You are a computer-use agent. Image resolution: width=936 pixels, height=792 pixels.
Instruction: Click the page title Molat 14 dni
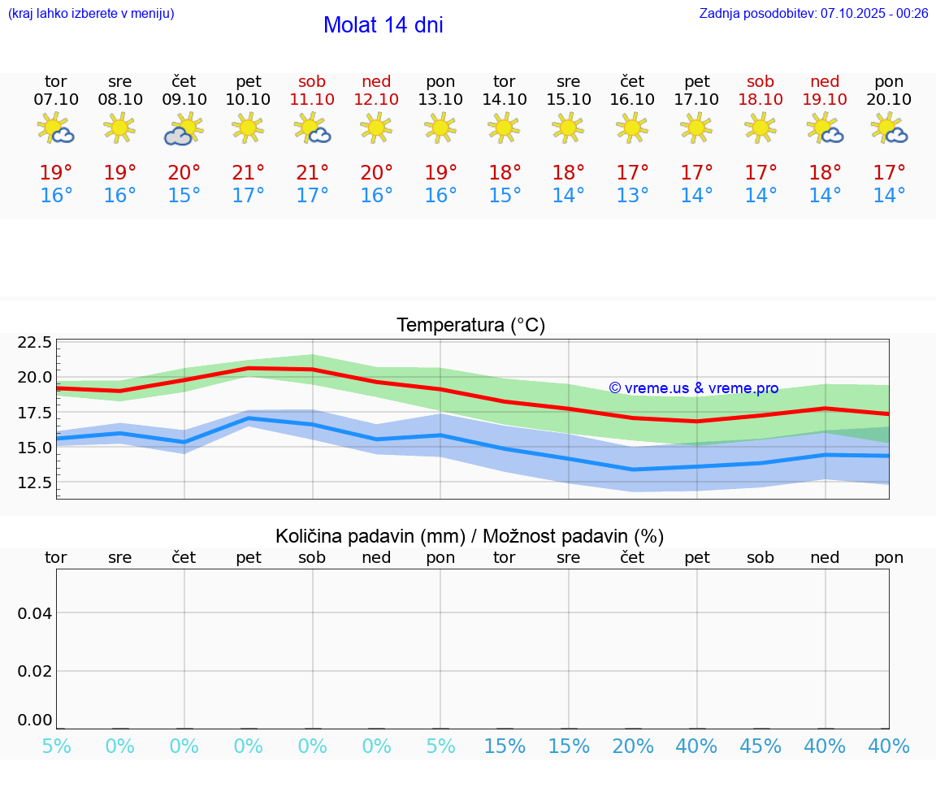point(383,25)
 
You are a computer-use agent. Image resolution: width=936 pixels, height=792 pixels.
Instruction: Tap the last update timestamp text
point(813,14)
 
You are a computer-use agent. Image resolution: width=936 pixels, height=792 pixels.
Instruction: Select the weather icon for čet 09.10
point(184,129)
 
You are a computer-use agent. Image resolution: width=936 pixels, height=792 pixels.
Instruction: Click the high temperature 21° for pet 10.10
point(249,173)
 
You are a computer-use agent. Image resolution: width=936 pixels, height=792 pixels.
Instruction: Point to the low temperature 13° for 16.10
point(632,196)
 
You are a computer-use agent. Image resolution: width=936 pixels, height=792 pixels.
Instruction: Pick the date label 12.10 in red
point(376,99)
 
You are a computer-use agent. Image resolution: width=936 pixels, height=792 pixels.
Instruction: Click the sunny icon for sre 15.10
point(568,128)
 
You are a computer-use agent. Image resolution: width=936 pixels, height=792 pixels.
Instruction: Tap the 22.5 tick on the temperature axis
point(35,342)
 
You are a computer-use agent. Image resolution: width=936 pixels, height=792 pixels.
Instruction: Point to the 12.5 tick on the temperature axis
point(35,483)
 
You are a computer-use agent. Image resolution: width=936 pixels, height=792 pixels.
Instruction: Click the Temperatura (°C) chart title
point(470,326)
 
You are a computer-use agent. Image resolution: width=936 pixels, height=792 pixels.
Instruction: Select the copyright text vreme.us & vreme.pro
point(693,388)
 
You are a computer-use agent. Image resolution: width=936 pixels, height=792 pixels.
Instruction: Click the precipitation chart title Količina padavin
point(470,536)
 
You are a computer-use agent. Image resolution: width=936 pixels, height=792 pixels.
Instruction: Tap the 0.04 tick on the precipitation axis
point(35,613)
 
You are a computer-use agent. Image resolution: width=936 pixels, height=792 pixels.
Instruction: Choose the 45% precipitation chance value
point(760,747)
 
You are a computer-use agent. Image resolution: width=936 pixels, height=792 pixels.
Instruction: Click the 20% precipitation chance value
point(632,747)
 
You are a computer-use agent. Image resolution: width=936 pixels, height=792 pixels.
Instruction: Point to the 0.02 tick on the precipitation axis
point(35,671)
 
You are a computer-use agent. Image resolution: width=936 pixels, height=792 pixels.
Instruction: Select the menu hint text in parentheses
point(91,14)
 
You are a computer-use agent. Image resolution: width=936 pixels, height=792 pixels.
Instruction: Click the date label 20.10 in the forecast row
point(889,99)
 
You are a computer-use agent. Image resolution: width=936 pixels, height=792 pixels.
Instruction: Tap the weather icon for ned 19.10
point(825,128)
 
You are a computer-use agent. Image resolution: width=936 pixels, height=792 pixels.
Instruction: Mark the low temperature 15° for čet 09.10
point(184,196)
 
